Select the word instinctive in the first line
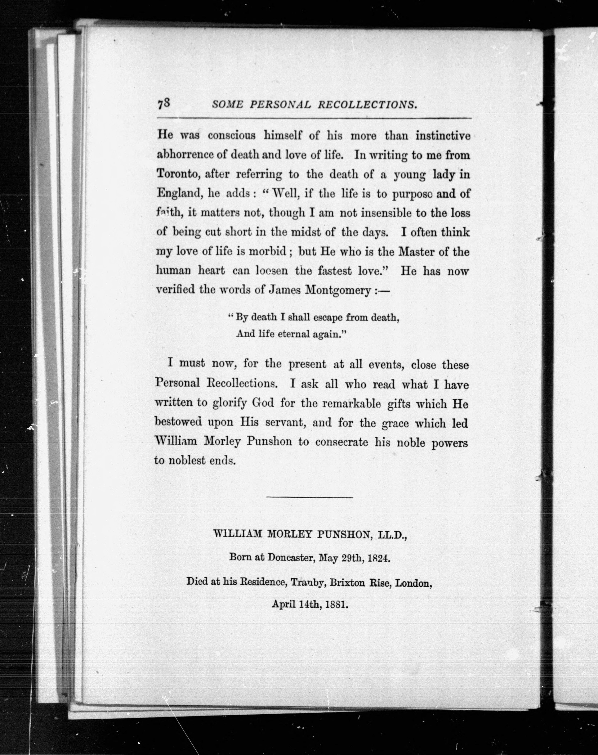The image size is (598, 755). coord(443,136)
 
